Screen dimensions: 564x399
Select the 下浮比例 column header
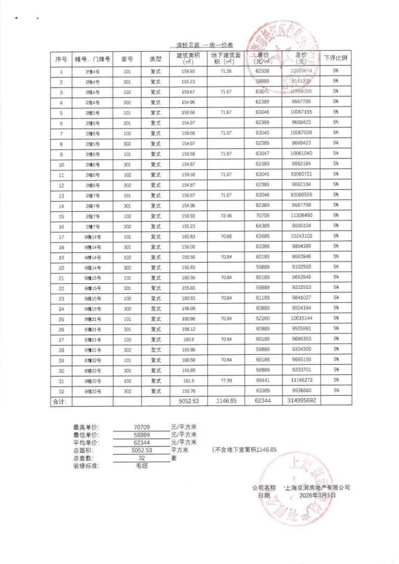point(335,58)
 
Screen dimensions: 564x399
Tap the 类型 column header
point(155,58)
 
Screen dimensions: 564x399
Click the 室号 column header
point(127,58)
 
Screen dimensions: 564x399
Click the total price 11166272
point(301,381)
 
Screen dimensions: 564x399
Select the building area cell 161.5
point(184,381)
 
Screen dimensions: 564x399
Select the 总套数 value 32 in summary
point(142,457)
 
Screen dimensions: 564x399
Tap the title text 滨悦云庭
point(180,45)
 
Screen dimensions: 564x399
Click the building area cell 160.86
point(184,319)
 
